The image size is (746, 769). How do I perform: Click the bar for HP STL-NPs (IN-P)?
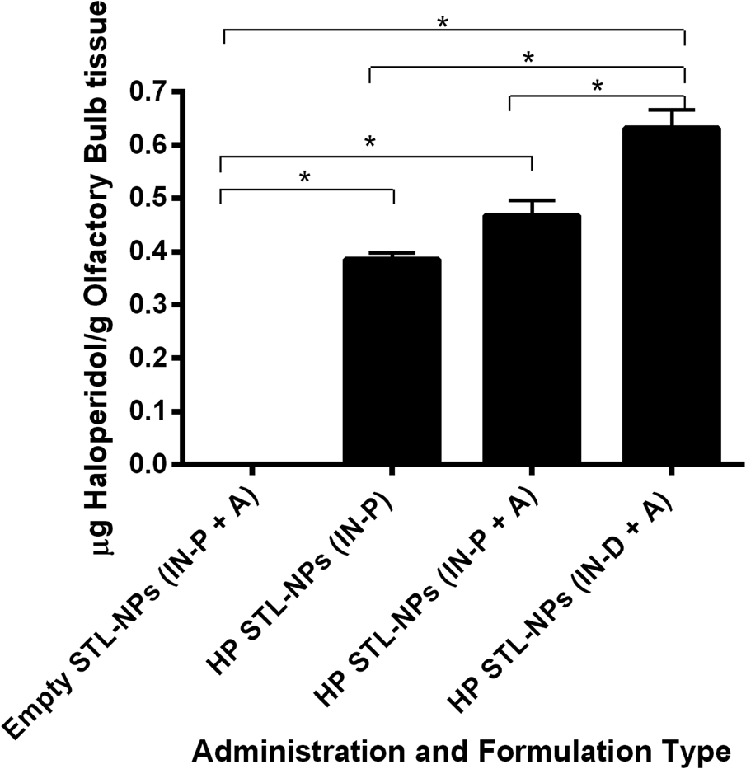tap(392, 363)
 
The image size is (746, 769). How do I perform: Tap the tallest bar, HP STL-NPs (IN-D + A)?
tap(672, 297)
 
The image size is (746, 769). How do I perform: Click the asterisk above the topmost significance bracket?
tap(443, 23)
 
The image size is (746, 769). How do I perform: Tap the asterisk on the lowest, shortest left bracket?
tap(304, 177)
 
